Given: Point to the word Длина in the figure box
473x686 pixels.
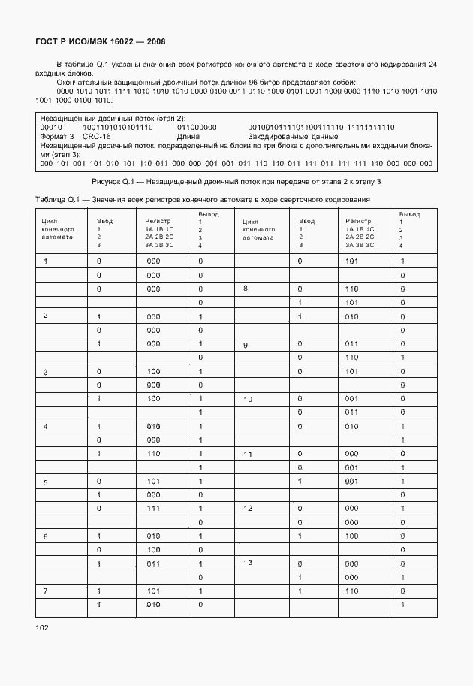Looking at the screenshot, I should [x=188, y=137].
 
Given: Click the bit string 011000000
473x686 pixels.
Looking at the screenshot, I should [x=197, y=128].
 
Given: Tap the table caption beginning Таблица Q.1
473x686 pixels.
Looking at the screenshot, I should [x=203, y=198].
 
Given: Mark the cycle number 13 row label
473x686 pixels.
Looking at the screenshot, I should [x=247, y=562].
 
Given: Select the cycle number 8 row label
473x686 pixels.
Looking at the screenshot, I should [x=245, y=289].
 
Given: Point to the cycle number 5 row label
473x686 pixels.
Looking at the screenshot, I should [x=46, y=482].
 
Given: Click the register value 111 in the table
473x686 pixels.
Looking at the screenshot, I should [x=153, y=509].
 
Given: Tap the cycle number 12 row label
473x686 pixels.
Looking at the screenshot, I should [x=247, y=509].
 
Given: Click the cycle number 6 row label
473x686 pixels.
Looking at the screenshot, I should [x=46, y=536].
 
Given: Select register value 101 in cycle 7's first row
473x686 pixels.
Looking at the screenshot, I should [x=153, y=591].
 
